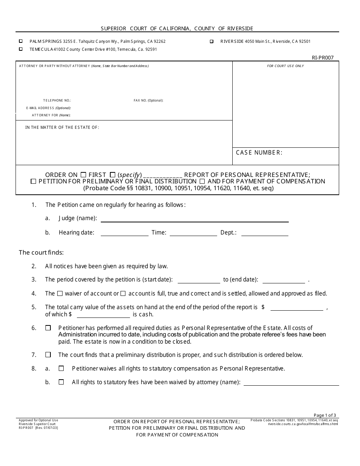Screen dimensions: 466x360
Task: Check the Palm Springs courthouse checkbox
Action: [20, 41]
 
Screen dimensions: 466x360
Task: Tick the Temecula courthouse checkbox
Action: [20, 49]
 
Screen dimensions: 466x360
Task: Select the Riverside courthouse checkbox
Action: [211, 41]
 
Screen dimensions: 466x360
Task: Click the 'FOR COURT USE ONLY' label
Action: [285, 66]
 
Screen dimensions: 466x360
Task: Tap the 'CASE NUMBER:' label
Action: [259, 153]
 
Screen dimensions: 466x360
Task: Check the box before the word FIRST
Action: [83, 175]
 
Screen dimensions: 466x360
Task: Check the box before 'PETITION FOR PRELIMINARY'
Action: [33, 181]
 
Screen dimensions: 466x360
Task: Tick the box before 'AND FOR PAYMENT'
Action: [202, 181]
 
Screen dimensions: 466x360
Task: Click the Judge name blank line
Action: [194, 219]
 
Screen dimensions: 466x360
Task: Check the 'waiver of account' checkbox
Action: [60, 293]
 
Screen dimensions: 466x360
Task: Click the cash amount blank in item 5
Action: [103, 315]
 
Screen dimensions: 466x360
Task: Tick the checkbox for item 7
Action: [48, 355]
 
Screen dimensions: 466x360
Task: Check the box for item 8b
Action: [61, 382]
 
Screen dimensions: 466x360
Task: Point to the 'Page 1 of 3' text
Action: [325, 415]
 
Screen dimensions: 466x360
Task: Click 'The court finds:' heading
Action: [41, 253]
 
